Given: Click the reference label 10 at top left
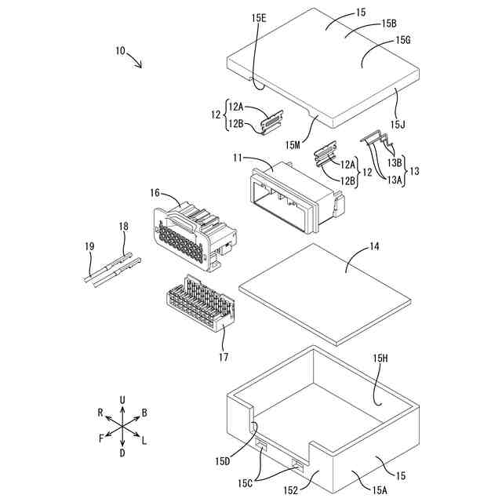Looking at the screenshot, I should click(x=120, y=51).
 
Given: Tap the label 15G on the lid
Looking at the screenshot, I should click(x=404, y=39).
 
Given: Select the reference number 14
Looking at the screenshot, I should click(x=374, y=246).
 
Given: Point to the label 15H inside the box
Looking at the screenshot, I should click(x=381, y=358).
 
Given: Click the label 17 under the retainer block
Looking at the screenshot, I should click(x=224, y=358).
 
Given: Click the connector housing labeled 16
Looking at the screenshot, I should click(x=192, y=235).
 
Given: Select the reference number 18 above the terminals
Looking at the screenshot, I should click(x=123, y=227).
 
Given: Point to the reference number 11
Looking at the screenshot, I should click(x=238, y=158).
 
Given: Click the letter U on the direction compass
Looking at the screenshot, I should click(x=122, y=400).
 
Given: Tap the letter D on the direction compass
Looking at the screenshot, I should click(x=122, y=453).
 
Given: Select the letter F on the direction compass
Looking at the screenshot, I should click(x=101, y=439).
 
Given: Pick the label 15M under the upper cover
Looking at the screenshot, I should click(x=293, y=144).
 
